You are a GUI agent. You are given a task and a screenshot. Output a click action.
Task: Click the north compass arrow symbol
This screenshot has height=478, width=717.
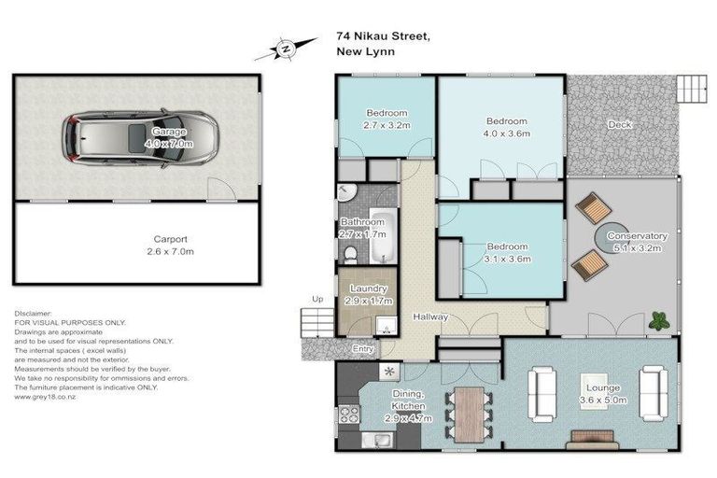click(287, 46)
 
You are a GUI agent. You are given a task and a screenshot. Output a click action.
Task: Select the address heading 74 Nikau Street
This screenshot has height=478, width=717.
click(383, 37)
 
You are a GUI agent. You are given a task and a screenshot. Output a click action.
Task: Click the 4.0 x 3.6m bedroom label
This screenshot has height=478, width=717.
click(506, 127)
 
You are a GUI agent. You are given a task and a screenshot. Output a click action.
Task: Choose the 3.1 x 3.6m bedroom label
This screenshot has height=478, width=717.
click(506, 253)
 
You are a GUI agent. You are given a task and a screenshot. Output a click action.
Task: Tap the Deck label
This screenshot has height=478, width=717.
click(619, 124)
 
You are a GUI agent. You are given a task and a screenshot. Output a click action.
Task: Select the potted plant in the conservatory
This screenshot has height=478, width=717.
click(659, 320)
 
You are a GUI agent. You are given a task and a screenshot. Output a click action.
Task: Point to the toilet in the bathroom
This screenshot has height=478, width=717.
click(351, 253)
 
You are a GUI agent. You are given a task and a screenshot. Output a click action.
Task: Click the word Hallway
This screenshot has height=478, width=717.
click(431, 317)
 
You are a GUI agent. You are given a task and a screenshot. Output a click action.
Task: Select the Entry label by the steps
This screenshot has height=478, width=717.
click(363, 349)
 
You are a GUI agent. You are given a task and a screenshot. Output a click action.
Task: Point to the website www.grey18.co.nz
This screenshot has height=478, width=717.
click(46, 397)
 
